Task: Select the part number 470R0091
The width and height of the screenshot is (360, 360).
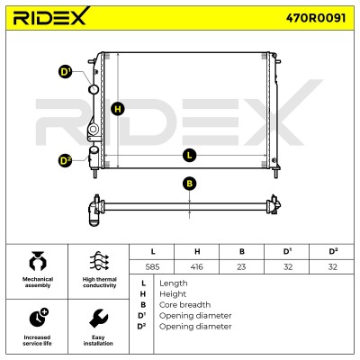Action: click(316, 18)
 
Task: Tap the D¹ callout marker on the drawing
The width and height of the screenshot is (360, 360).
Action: click(65, 72)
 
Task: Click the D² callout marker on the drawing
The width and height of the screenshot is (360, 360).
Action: click(65, 161)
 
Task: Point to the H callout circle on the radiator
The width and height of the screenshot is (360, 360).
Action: click(118, 109)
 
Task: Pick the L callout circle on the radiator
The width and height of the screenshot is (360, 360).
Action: click(189, 156)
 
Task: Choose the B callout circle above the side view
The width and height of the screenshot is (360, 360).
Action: click(189, 184)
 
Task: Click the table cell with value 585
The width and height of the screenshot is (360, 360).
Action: click(152, 266)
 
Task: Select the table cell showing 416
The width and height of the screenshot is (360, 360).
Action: click(197, 266)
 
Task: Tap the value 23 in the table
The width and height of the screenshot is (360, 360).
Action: click(241, 266)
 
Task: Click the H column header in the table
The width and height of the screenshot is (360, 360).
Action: click(197, 251)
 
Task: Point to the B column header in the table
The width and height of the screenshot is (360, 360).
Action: click(242, 251)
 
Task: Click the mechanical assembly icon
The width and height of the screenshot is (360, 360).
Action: click(38, 261)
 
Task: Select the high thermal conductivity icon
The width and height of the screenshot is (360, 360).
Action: click(99, 261)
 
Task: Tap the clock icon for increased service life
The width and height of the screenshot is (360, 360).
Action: click(39, 318)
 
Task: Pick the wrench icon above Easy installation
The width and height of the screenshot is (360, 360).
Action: click(99, 319)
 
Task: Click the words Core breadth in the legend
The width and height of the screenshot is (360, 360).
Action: click(184, 305)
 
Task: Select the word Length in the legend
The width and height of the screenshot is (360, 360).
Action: click(174, 283)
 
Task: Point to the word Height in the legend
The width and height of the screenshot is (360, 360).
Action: click(173, 294)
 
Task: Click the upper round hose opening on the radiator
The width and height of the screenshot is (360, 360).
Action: click(94, 89)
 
